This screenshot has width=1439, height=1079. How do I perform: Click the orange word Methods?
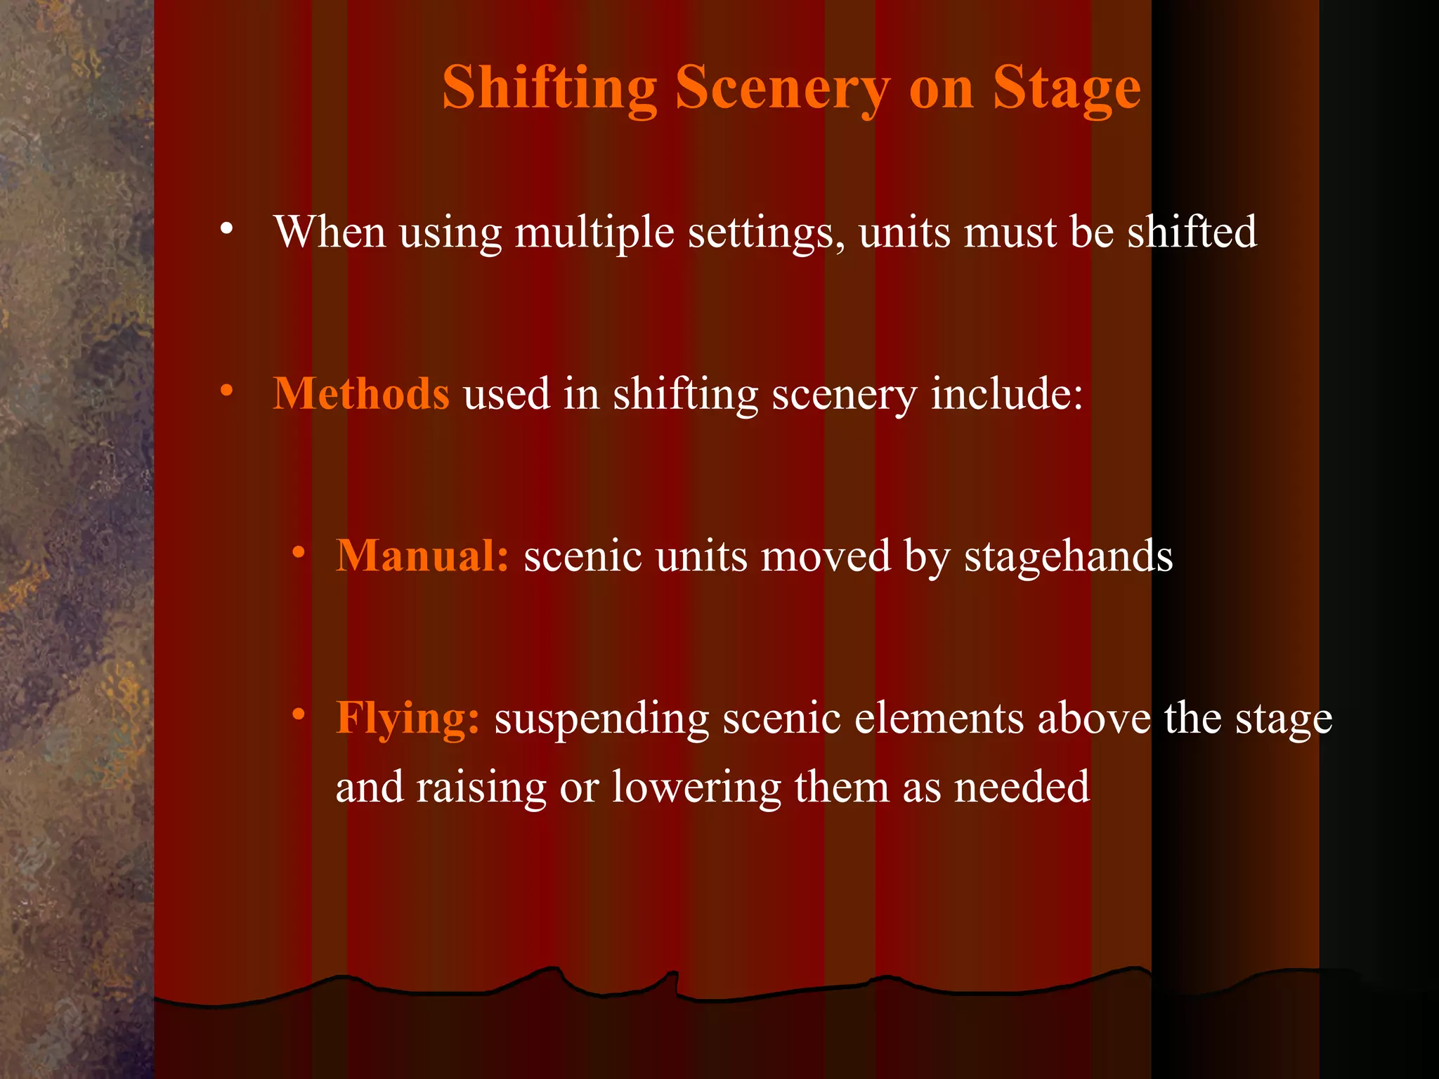[361, 393]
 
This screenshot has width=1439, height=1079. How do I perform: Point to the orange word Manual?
[422, 556]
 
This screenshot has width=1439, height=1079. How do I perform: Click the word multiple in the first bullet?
[594, 233]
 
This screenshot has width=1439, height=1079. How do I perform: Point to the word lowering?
[696, 788]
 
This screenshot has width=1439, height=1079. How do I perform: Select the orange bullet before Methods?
[226, 391]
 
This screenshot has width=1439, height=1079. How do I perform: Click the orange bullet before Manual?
[299, 553]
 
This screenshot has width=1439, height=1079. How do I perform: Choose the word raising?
[481, 788]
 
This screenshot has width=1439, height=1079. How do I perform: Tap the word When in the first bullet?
[330, 232]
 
